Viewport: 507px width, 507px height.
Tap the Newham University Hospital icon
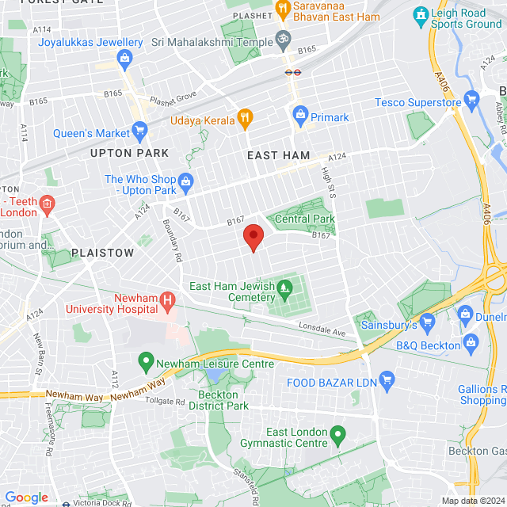[x=167, y=300]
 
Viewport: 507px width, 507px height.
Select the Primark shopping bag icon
[x=300, y=117]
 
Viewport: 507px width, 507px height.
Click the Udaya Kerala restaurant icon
[x=245, y=119]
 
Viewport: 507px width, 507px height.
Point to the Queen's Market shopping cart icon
[x=140, y=130]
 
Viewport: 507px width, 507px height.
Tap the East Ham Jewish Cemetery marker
[x=285, y=297]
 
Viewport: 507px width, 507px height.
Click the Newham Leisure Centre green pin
[x=145, y=363]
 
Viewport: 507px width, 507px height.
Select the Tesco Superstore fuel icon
[x=473, y=101]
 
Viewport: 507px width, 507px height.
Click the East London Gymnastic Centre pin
[x=338, y=435]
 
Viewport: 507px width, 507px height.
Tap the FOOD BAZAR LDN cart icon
[x=387, y=381]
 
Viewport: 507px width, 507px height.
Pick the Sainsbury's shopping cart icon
[x=428, y=322]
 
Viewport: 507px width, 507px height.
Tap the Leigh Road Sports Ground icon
[x=420, y=15]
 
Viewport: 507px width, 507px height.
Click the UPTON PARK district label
[x=130, y=152]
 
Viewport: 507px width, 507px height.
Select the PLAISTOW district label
[x=103, y=253]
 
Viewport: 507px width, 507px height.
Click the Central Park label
[x=305, y=219]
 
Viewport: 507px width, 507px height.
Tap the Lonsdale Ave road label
[x=323, y=329]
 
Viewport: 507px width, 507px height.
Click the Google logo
[x=26, y=497]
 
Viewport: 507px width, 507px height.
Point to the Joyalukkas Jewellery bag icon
[x=124, y=58]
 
